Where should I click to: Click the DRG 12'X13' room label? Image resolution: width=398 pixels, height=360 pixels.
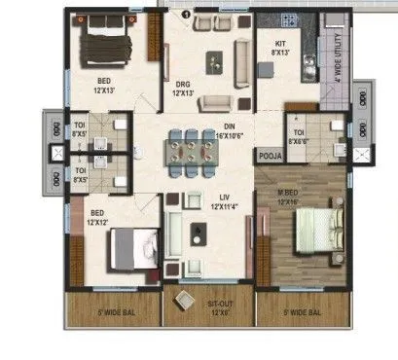(183, 89)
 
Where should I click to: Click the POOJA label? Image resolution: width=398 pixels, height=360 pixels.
(267, 155)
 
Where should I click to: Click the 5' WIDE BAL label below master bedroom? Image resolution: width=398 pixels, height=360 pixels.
(304, 314)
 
